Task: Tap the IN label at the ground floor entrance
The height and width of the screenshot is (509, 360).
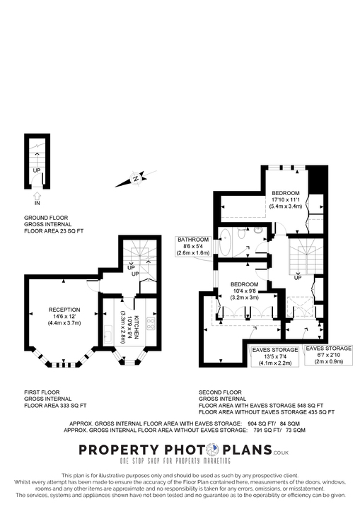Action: tap(37, 203)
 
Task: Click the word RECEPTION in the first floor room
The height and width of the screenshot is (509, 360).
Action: tap(64, 309)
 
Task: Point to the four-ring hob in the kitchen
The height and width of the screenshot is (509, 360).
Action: tap(150, 324)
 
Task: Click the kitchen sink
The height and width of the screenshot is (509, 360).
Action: tap(107, 335)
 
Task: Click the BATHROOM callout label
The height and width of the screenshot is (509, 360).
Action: tap(193, 240)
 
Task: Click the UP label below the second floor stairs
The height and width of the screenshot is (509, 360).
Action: tap(298, 277)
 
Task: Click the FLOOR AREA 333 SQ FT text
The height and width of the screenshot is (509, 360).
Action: tap(55, 406)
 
